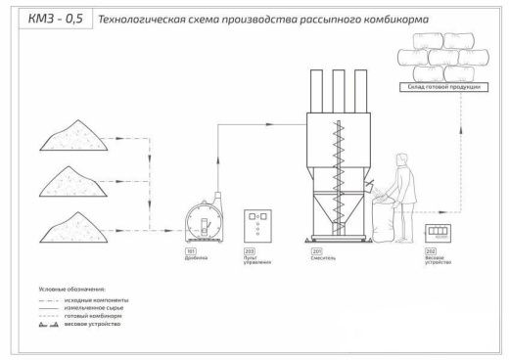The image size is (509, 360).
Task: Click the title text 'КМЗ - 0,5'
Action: click(35, 19)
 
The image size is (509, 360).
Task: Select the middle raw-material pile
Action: click(77, 184)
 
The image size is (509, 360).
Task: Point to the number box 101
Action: click(190, 252)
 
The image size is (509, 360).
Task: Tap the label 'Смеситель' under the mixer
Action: click(325, 260)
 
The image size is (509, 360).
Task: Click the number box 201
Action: click(317, 252)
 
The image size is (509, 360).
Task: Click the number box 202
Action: click(432, 252)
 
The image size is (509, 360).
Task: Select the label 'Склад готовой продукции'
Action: click(443, 87)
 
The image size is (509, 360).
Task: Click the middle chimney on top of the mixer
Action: click(335, 90)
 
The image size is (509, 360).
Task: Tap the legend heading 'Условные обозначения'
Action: click(71, 289)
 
